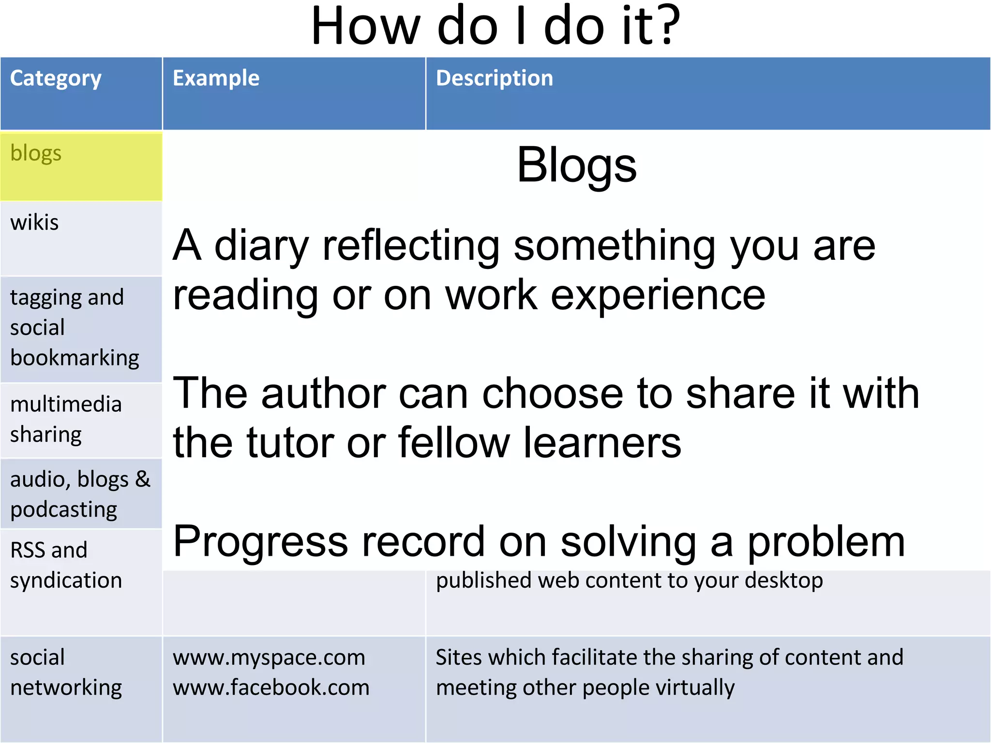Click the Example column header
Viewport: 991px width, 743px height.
216,78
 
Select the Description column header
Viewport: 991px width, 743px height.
494,78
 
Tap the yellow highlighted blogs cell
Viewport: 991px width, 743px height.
81,166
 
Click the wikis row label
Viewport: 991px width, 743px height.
34,223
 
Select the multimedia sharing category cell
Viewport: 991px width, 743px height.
81,419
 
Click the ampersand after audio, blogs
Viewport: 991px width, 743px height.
143,479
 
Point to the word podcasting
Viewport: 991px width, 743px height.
63,510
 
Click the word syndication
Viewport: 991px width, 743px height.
66,580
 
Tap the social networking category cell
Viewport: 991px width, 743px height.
81,672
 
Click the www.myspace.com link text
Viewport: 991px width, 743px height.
269,658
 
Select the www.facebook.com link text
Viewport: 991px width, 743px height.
271,688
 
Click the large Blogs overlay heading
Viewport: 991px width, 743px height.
576,166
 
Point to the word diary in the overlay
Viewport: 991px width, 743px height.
261,246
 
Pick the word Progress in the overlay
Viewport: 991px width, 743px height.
260,542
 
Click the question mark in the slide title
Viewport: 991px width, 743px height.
668,27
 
